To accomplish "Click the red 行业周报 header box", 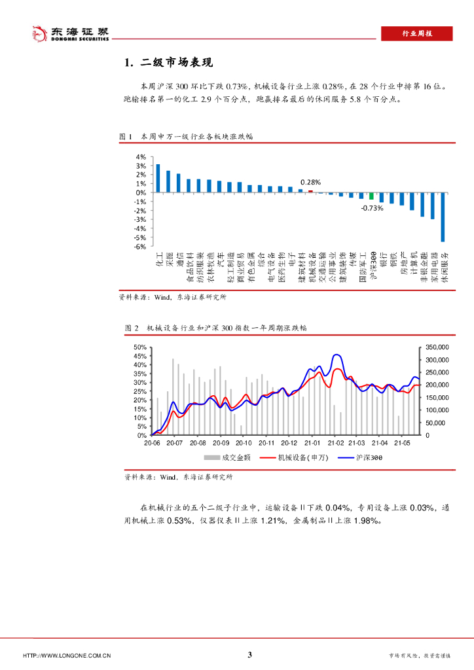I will [416, 34].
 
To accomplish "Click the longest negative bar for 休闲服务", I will [443, 217].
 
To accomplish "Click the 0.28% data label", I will [310, 183].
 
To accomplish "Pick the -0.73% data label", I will [371, 208].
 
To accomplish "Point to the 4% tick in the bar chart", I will [141, 157].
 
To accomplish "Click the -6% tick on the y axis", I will [140, 247].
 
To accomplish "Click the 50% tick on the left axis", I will [139, 347].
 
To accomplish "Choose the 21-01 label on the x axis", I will [312, 443].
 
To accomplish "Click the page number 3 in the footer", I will [249, 655].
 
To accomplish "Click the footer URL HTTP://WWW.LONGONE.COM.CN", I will [67, 656].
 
